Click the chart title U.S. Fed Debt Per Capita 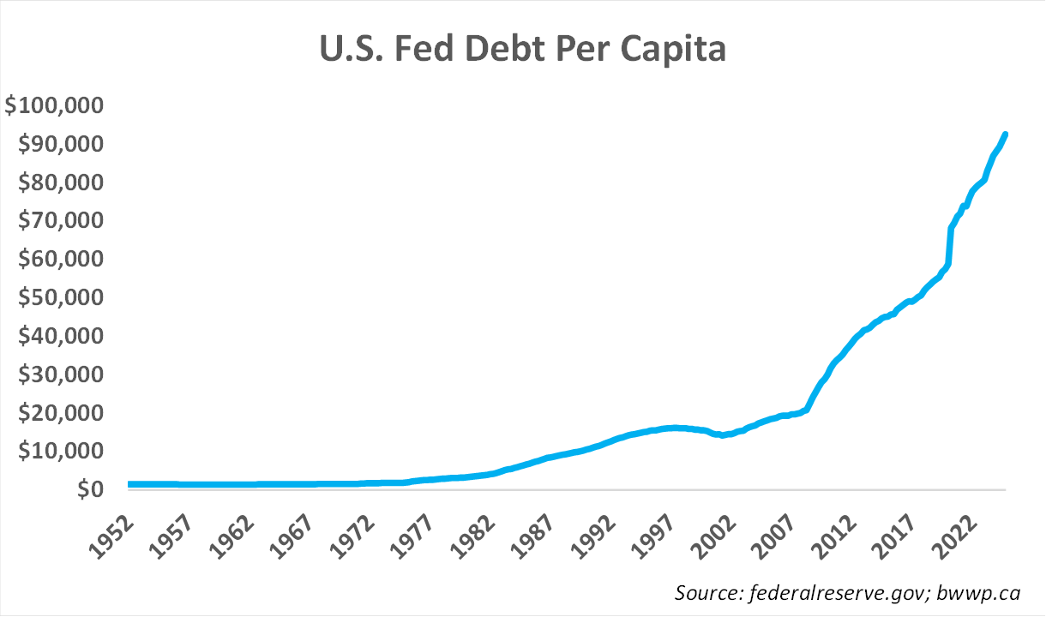(x=523, y=50)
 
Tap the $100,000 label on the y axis (x=54, y=106)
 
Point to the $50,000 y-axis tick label (x=60, y=298)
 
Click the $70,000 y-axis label (x=60, y=221)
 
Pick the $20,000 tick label (x=60, y=413)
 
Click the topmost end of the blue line (x=1005, y=135)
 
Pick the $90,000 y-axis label (x=60, y=144)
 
